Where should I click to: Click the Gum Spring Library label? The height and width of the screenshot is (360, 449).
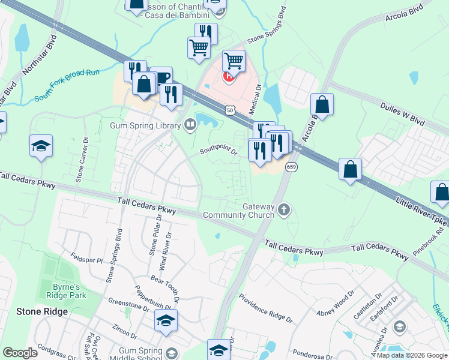[x=145, y=125]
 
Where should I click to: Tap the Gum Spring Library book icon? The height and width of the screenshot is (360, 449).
[x=190, y=125]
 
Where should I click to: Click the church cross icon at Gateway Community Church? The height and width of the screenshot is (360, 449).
[x=285, y=210]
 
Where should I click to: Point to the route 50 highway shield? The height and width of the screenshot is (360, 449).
[x=229, y=110]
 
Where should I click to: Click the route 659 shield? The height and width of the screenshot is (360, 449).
[x=291, y=167]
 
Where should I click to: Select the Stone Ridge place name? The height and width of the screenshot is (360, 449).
[x=41, y=311]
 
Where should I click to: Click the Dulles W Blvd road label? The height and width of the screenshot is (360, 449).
[x=402, y=113]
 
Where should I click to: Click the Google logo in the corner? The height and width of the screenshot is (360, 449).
[x=20, y=353]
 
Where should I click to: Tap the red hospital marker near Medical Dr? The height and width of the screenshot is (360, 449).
[x=228, y=76]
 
